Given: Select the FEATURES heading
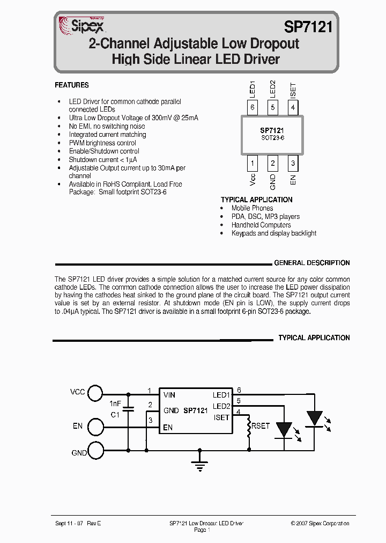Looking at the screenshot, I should pyautogui.click(x=72, y=85).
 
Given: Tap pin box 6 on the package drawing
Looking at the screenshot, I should pyautogui.click(x=253, y=107).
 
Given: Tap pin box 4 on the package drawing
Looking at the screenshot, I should pyautogui.click(x=293, y=107).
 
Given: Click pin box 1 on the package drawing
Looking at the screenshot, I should pyautogui.click(x=253, y=163).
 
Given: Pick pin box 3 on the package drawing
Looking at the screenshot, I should pyautogui.click(x=293, y=163).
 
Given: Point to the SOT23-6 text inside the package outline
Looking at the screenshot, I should pyautogui.click(x=272, y=138).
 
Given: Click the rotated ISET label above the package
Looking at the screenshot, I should pyautogui.click(x=293, y=90).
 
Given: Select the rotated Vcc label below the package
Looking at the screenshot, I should pyautogui.click(x=253, y=179).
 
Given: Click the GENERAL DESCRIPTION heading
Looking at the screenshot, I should pyautogui.click(x=311, y=263).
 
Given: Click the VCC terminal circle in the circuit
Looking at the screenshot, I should pyautogui.click(x=95, y=393).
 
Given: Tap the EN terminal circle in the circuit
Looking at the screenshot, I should pyautogui.click(x=95, y=427).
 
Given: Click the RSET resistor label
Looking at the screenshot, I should pyautogui.click(x=261, y=425).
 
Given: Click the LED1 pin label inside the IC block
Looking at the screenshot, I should pyautogui.click(x=221, y=395).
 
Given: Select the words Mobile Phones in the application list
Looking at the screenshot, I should pyautogui.click(x=252, y=208).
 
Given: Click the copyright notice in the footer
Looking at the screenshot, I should pyautogui.click(x=320, y=523).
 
